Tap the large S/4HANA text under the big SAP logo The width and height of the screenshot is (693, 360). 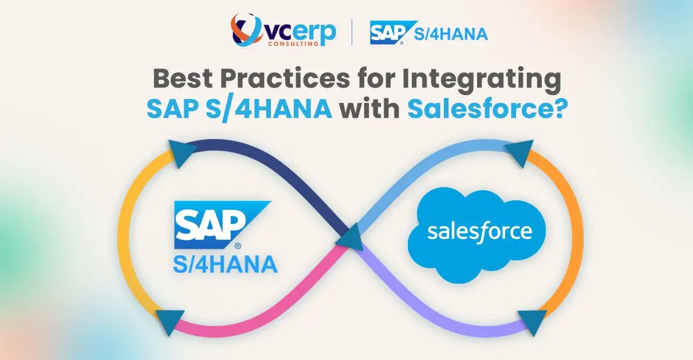[225, 264]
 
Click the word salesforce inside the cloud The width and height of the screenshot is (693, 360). [479, 232]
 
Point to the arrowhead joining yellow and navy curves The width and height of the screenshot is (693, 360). [179, 153]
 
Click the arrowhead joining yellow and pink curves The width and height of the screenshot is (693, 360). [170, 322]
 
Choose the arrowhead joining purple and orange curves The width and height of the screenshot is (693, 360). [531, 322]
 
